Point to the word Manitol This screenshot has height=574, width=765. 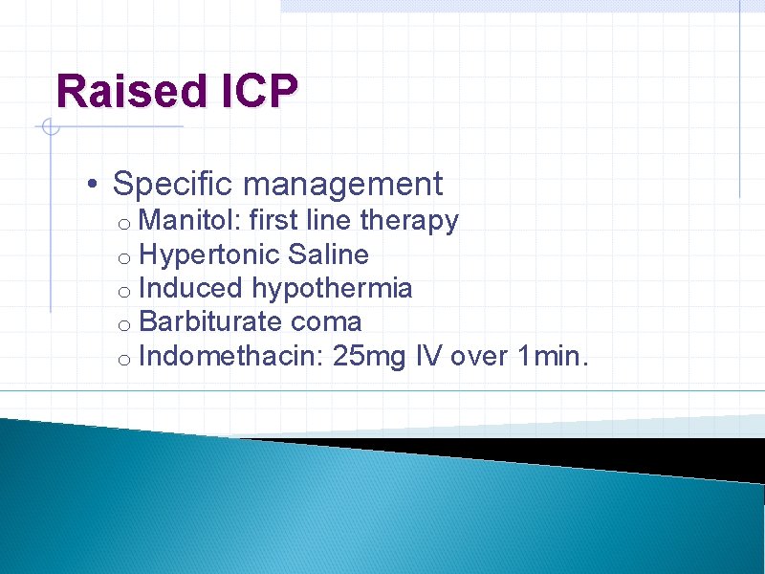coord(189,221)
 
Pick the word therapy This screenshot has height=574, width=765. coord(409,221)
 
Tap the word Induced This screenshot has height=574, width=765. coord(192,288)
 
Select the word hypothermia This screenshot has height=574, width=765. coord(333,289)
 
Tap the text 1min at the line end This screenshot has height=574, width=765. coord(553,357)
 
